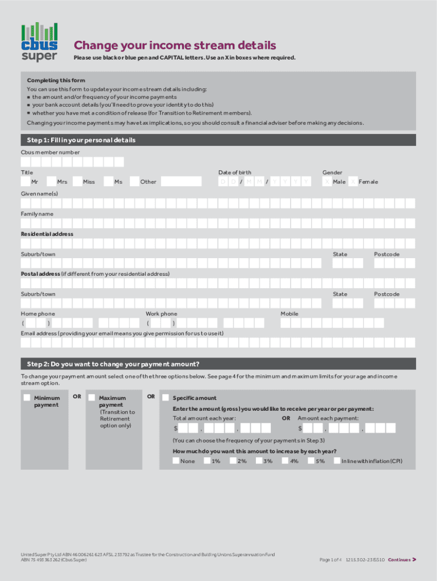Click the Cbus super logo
pos(39,42)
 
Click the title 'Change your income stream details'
pos(175,45)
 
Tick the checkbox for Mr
pos(26,182)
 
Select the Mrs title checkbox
pos(52,182)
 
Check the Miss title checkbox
pos(78,182)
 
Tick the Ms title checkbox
pos(108,182)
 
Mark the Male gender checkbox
pos(327,182)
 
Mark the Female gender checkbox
pos(353,182)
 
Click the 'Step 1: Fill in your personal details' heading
pos(81,140)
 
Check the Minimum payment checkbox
pos(27,398)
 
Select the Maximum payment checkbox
pos(91,398)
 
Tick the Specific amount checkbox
pos(165,398)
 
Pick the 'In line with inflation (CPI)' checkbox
pos(337,461)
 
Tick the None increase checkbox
pos(176,461)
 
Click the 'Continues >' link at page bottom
pos(402,559)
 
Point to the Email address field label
pos(122,333)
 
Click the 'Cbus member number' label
pos(51,152)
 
